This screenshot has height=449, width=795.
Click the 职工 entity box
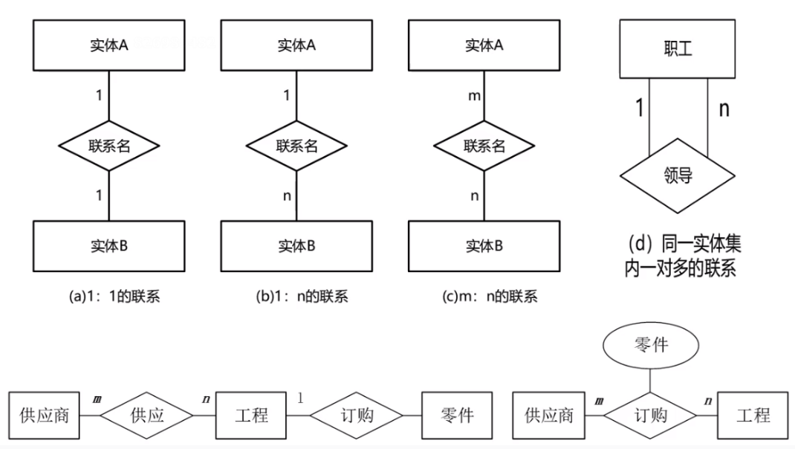pos(677,49)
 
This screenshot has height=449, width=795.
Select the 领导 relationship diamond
pos(677,176)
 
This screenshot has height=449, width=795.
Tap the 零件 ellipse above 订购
pos(650,345)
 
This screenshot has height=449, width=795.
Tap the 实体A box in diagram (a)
pos(109,45)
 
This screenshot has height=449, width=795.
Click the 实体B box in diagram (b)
pos(296,245)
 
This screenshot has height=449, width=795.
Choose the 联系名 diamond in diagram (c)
pos(484,146)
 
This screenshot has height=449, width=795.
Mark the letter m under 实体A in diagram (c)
pos(474,96)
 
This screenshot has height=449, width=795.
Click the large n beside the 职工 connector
pos(723,109)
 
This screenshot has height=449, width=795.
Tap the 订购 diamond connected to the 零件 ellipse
pos(650,414)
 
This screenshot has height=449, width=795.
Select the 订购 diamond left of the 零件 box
pos(356,414)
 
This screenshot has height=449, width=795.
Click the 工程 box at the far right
pos(753,414)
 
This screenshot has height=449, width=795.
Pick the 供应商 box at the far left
pos(45,414)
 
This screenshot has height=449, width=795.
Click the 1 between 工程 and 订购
pos(300,398)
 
